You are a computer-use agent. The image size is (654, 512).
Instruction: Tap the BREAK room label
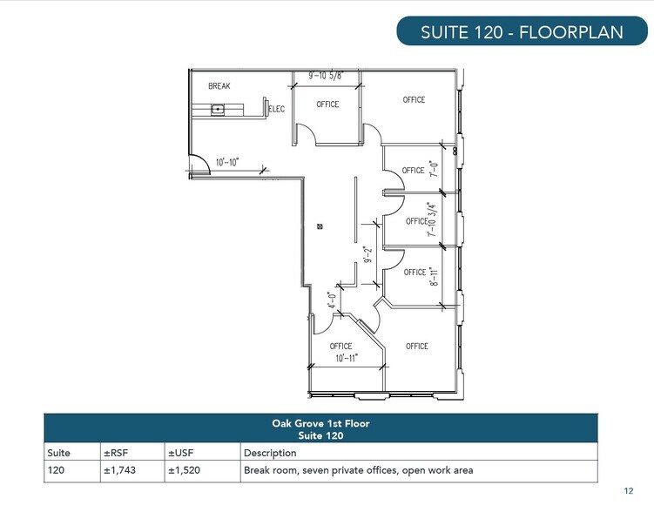(x=219, y=86)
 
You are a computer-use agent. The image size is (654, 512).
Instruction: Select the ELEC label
(x=277, y=109)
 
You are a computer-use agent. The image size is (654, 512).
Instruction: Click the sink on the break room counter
(x=218, y=110)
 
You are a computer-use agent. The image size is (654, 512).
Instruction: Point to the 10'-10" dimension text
(x=227, y=161)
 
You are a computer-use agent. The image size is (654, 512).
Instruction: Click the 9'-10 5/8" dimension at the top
(x=326, y=76)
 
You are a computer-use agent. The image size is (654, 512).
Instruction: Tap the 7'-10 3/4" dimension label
(x=430, y=219)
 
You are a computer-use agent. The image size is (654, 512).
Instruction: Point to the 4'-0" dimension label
(x=333, y=299)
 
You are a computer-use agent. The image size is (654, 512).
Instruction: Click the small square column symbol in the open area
(x=321, y=227)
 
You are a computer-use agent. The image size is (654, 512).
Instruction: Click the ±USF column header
(x=179, y=453)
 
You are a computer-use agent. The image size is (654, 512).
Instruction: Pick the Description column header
(x=270, y=453)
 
